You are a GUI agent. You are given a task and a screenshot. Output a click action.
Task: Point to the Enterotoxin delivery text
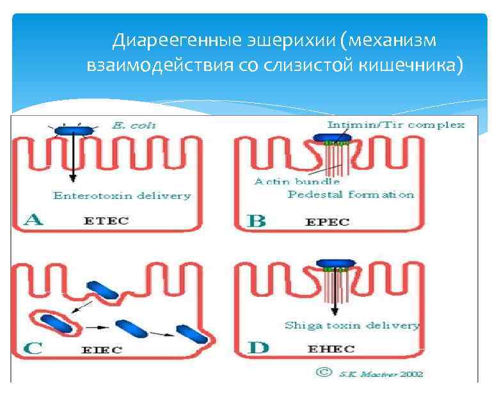[122, 196]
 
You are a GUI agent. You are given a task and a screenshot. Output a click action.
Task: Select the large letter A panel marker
[33, 221]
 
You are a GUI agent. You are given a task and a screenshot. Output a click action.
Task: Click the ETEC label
[106, 221]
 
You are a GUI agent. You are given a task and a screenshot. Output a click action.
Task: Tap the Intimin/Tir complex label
[395, 125]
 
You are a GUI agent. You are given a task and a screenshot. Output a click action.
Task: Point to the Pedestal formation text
[351, 194]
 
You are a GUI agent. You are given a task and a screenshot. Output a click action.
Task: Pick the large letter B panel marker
[256, 221]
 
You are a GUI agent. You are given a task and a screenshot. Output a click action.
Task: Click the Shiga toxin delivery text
[351, 325]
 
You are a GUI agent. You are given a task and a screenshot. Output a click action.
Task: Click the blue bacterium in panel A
[74, 131]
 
